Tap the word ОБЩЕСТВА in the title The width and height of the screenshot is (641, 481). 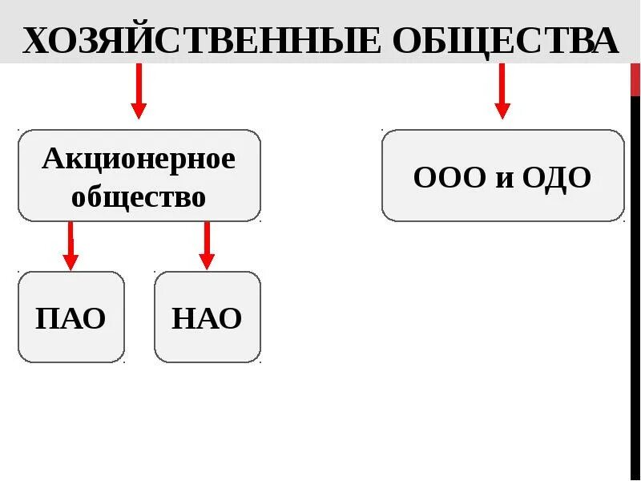coord(506,40)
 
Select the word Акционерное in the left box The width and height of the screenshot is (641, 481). coord(139,159)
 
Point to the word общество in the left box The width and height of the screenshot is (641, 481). coord(139,196)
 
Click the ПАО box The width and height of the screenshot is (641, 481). coord(71,318)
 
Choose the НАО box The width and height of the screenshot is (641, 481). coord(207,318)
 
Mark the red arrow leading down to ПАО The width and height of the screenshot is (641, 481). coord(71,245)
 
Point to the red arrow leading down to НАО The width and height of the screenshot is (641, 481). coord(207,245)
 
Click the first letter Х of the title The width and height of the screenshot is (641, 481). coord(37,40)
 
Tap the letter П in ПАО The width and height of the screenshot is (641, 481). coord(46,318)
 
